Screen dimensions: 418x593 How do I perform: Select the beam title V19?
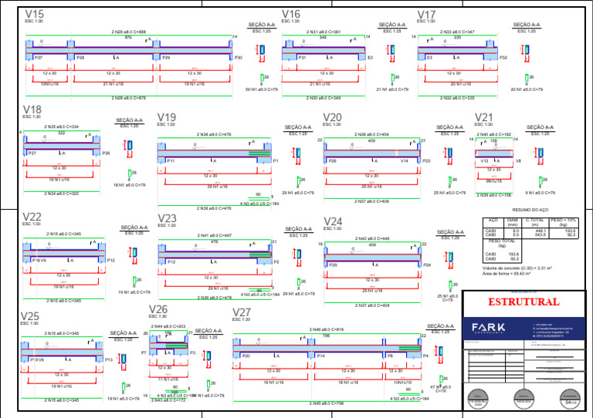coord(167,116)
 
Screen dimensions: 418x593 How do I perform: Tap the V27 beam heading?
coord(242,312)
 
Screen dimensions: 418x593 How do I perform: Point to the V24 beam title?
coord(334,221)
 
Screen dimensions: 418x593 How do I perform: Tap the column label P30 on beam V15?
coord(239,58)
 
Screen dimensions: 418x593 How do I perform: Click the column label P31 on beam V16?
coord(303,58)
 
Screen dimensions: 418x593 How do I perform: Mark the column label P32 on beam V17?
coord(503,58)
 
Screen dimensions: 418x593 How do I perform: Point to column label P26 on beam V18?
coord(106,153)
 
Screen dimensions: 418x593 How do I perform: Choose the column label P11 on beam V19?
coord(170,160)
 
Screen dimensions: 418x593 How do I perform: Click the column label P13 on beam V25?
coord(109,359)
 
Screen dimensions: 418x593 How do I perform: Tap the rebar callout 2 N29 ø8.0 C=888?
coord(128,32)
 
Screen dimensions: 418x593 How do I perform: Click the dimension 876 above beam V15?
coord(128,37)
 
